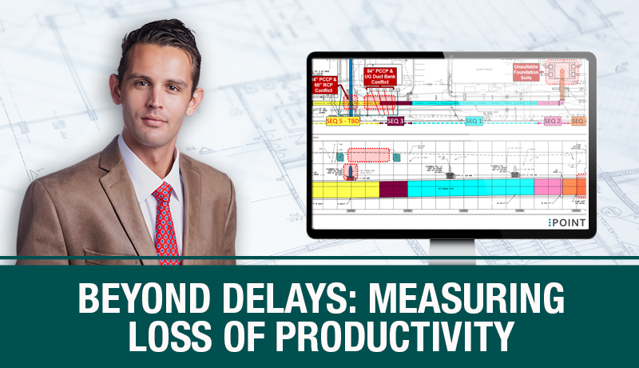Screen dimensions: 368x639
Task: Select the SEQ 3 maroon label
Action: [x=395, y=121]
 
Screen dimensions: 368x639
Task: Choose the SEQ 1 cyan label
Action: [x=474, y=121]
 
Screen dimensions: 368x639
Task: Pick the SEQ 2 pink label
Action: [x=552, y=121]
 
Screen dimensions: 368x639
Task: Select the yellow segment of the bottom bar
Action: [x=344, y=190]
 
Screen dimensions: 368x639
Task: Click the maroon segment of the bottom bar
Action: [x=393, y=190]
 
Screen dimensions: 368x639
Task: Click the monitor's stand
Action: [x=452, y=249]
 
